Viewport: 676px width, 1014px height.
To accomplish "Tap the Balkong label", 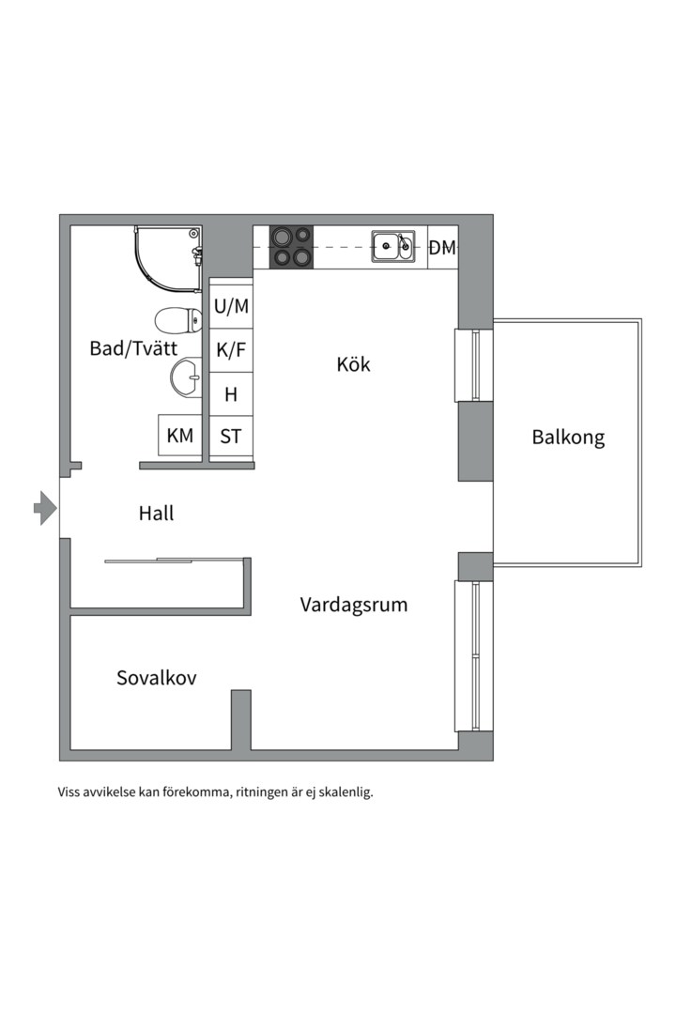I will (568, 437).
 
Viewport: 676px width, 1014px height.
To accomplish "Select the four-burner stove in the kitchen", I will (291, 247).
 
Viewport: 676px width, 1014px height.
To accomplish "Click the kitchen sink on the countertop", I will (392, 247).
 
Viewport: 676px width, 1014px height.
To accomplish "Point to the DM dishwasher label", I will (442, 248).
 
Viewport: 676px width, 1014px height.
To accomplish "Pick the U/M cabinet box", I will (231, 305).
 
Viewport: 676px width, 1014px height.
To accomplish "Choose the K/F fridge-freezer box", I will (231, 350).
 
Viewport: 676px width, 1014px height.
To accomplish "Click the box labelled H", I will (231, 394).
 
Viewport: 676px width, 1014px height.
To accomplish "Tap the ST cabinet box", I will (231, 437).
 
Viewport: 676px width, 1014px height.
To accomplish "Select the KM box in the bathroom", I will (179, 436).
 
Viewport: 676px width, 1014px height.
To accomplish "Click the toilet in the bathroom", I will (178, 320).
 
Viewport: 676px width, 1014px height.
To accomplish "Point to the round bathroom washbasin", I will (186, 378).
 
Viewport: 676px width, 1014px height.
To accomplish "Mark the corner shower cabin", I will (167, 255).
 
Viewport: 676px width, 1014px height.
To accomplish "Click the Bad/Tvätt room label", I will (133, 348).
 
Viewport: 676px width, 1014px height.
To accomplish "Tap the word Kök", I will (353, 363).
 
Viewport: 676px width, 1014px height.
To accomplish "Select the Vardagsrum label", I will (354, 604).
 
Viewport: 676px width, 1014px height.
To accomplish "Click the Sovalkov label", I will (157, 677).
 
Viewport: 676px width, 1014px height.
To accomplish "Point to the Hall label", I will (156, 514).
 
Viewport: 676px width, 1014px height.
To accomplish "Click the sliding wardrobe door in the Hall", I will (150, 561).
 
